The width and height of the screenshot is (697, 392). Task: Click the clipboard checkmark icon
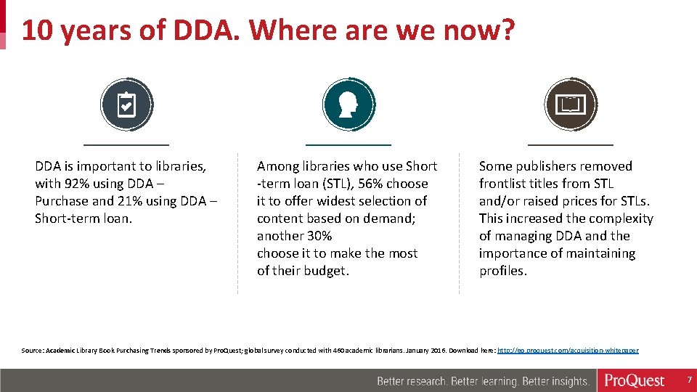click(126, 105)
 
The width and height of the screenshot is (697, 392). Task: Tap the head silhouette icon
click(348, 105)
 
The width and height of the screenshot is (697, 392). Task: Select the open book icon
click(570, 105)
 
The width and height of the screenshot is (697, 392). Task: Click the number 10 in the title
click(38, 30)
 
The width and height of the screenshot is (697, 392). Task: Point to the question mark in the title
click(506, 30)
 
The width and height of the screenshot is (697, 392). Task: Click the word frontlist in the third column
click(504, 184)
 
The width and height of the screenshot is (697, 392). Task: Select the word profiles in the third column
click(502, 271)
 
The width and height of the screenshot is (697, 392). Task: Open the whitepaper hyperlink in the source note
click(568, 351)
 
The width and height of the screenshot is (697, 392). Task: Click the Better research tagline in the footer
click(483, 381)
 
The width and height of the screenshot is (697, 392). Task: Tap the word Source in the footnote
click(32, 351)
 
